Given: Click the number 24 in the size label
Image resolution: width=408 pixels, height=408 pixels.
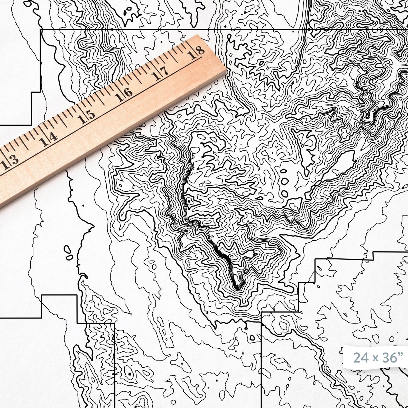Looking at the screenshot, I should pyautogui.click(x=360, y=357).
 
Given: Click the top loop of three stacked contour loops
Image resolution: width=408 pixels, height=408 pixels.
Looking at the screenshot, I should pyautogui.click(x=284, y=171).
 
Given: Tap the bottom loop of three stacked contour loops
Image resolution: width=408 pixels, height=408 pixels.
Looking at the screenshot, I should pyautogui.click(x=285, y=193).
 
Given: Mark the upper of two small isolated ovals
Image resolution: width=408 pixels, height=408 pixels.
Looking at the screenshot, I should pyautogui.click(x=67, y=249).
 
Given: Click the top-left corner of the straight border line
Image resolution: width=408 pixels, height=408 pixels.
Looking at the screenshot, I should pyautogui.click(x=40, y=30).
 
